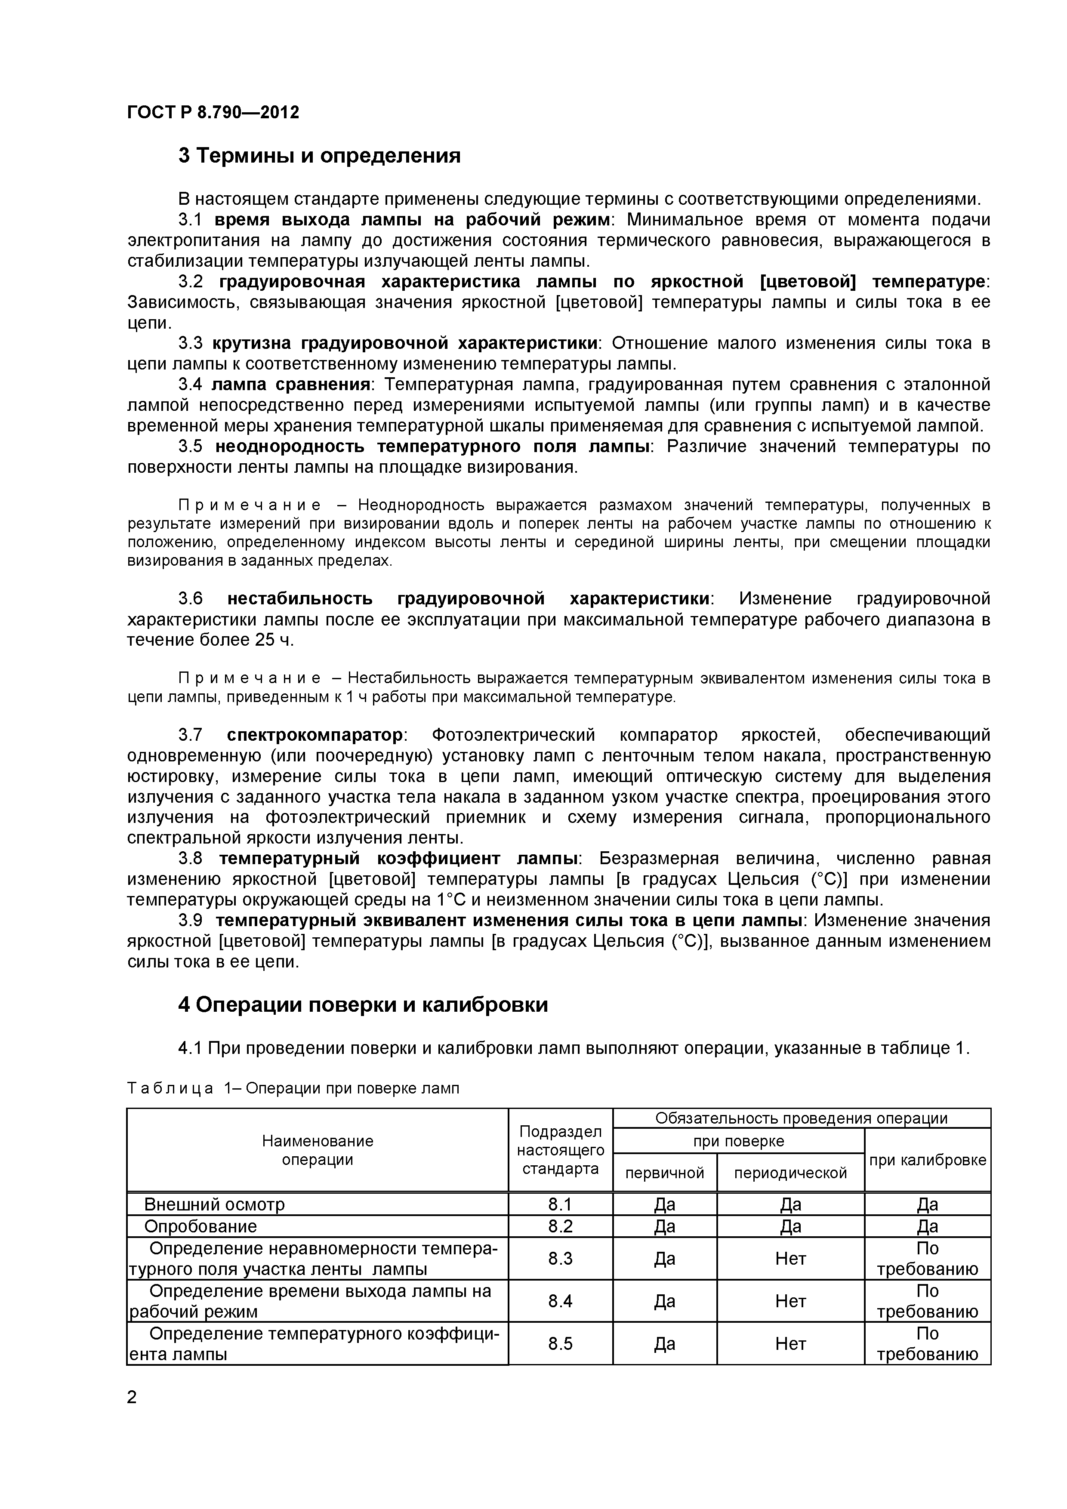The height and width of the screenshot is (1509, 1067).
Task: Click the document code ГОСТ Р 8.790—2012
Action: click(x=213, y=112)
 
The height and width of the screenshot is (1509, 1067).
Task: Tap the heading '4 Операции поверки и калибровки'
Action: click(x=362, y=1005)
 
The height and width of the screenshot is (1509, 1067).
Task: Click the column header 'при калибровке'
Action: click(x=927, y=1160)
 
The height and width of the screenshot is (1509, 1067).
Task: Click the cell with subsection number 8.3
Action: click(x=560, y=1259)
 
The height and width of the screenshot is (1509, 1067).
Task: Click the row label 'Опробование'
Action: click(x=200, y=1226)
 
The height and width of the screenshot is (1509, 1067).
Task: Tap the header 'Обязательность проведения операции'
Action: click(x=801, y=1118)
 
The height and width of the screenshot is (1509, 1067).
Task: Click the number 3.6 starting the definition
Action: click(x=191, y=599)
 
